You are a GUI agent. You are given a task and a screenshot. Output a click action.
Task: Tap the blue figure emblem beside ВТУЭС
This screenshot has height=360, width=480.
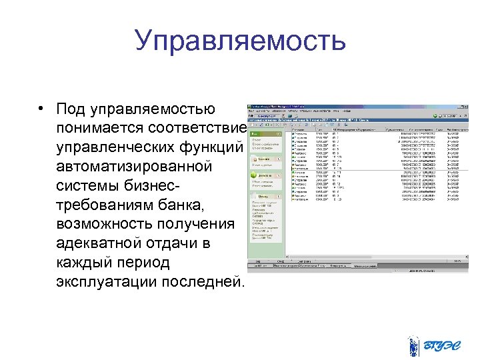click(413, 345)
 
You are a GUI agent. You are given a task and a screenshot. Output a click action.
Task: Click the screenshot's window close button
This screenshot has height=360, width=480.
click(469, 107)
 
